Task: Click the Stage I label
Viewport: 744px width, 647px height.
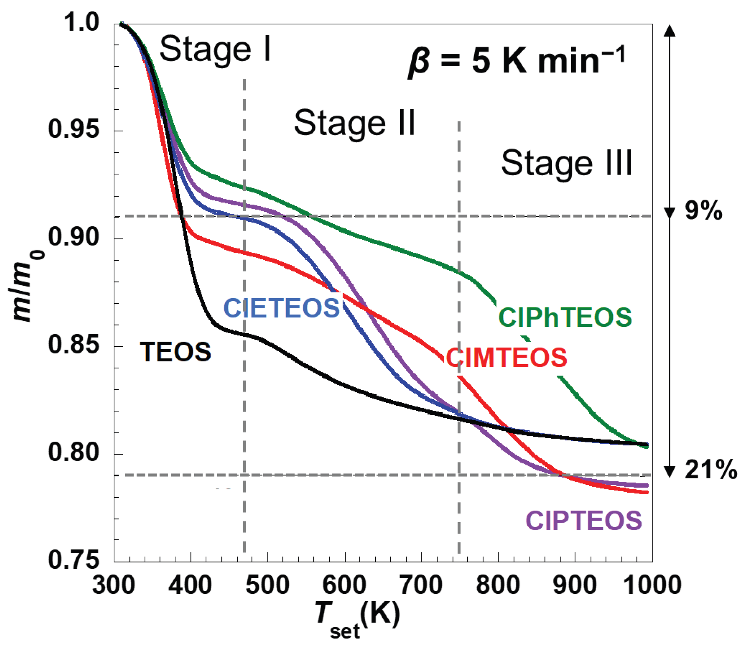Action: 215,50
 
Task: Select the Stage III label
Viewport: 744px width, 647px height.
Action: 566,164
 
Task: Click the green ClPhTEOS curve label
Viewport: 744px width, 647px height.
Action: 565,318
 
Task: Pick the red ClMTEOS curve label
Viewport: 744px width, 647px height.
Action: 506,358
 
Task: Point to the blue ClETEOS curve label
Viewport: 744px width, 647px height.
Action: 282,308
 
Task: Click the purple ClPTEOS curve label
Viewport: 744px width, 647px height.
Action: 584,521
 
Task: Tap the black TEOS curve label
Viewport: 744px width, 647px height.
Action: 176,352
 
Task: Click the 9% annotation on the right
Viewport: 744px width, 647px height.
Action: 703,211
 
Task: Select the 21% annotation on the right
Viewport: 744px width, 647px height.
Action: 710,470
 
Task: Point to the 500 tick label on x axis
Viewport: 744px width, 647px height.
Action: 267,585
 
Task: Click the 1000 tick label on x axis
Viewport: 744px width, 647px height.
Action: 652,585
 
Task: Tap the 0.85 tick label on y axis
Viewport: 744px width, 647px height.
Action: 74,344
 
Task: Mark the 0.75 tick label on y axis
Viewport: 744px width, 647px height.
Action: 74,560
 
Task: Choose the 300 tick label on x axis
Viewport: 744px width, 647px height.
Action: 114,585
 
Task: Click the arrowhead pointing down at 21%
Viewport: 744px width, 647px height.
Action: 670,472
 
